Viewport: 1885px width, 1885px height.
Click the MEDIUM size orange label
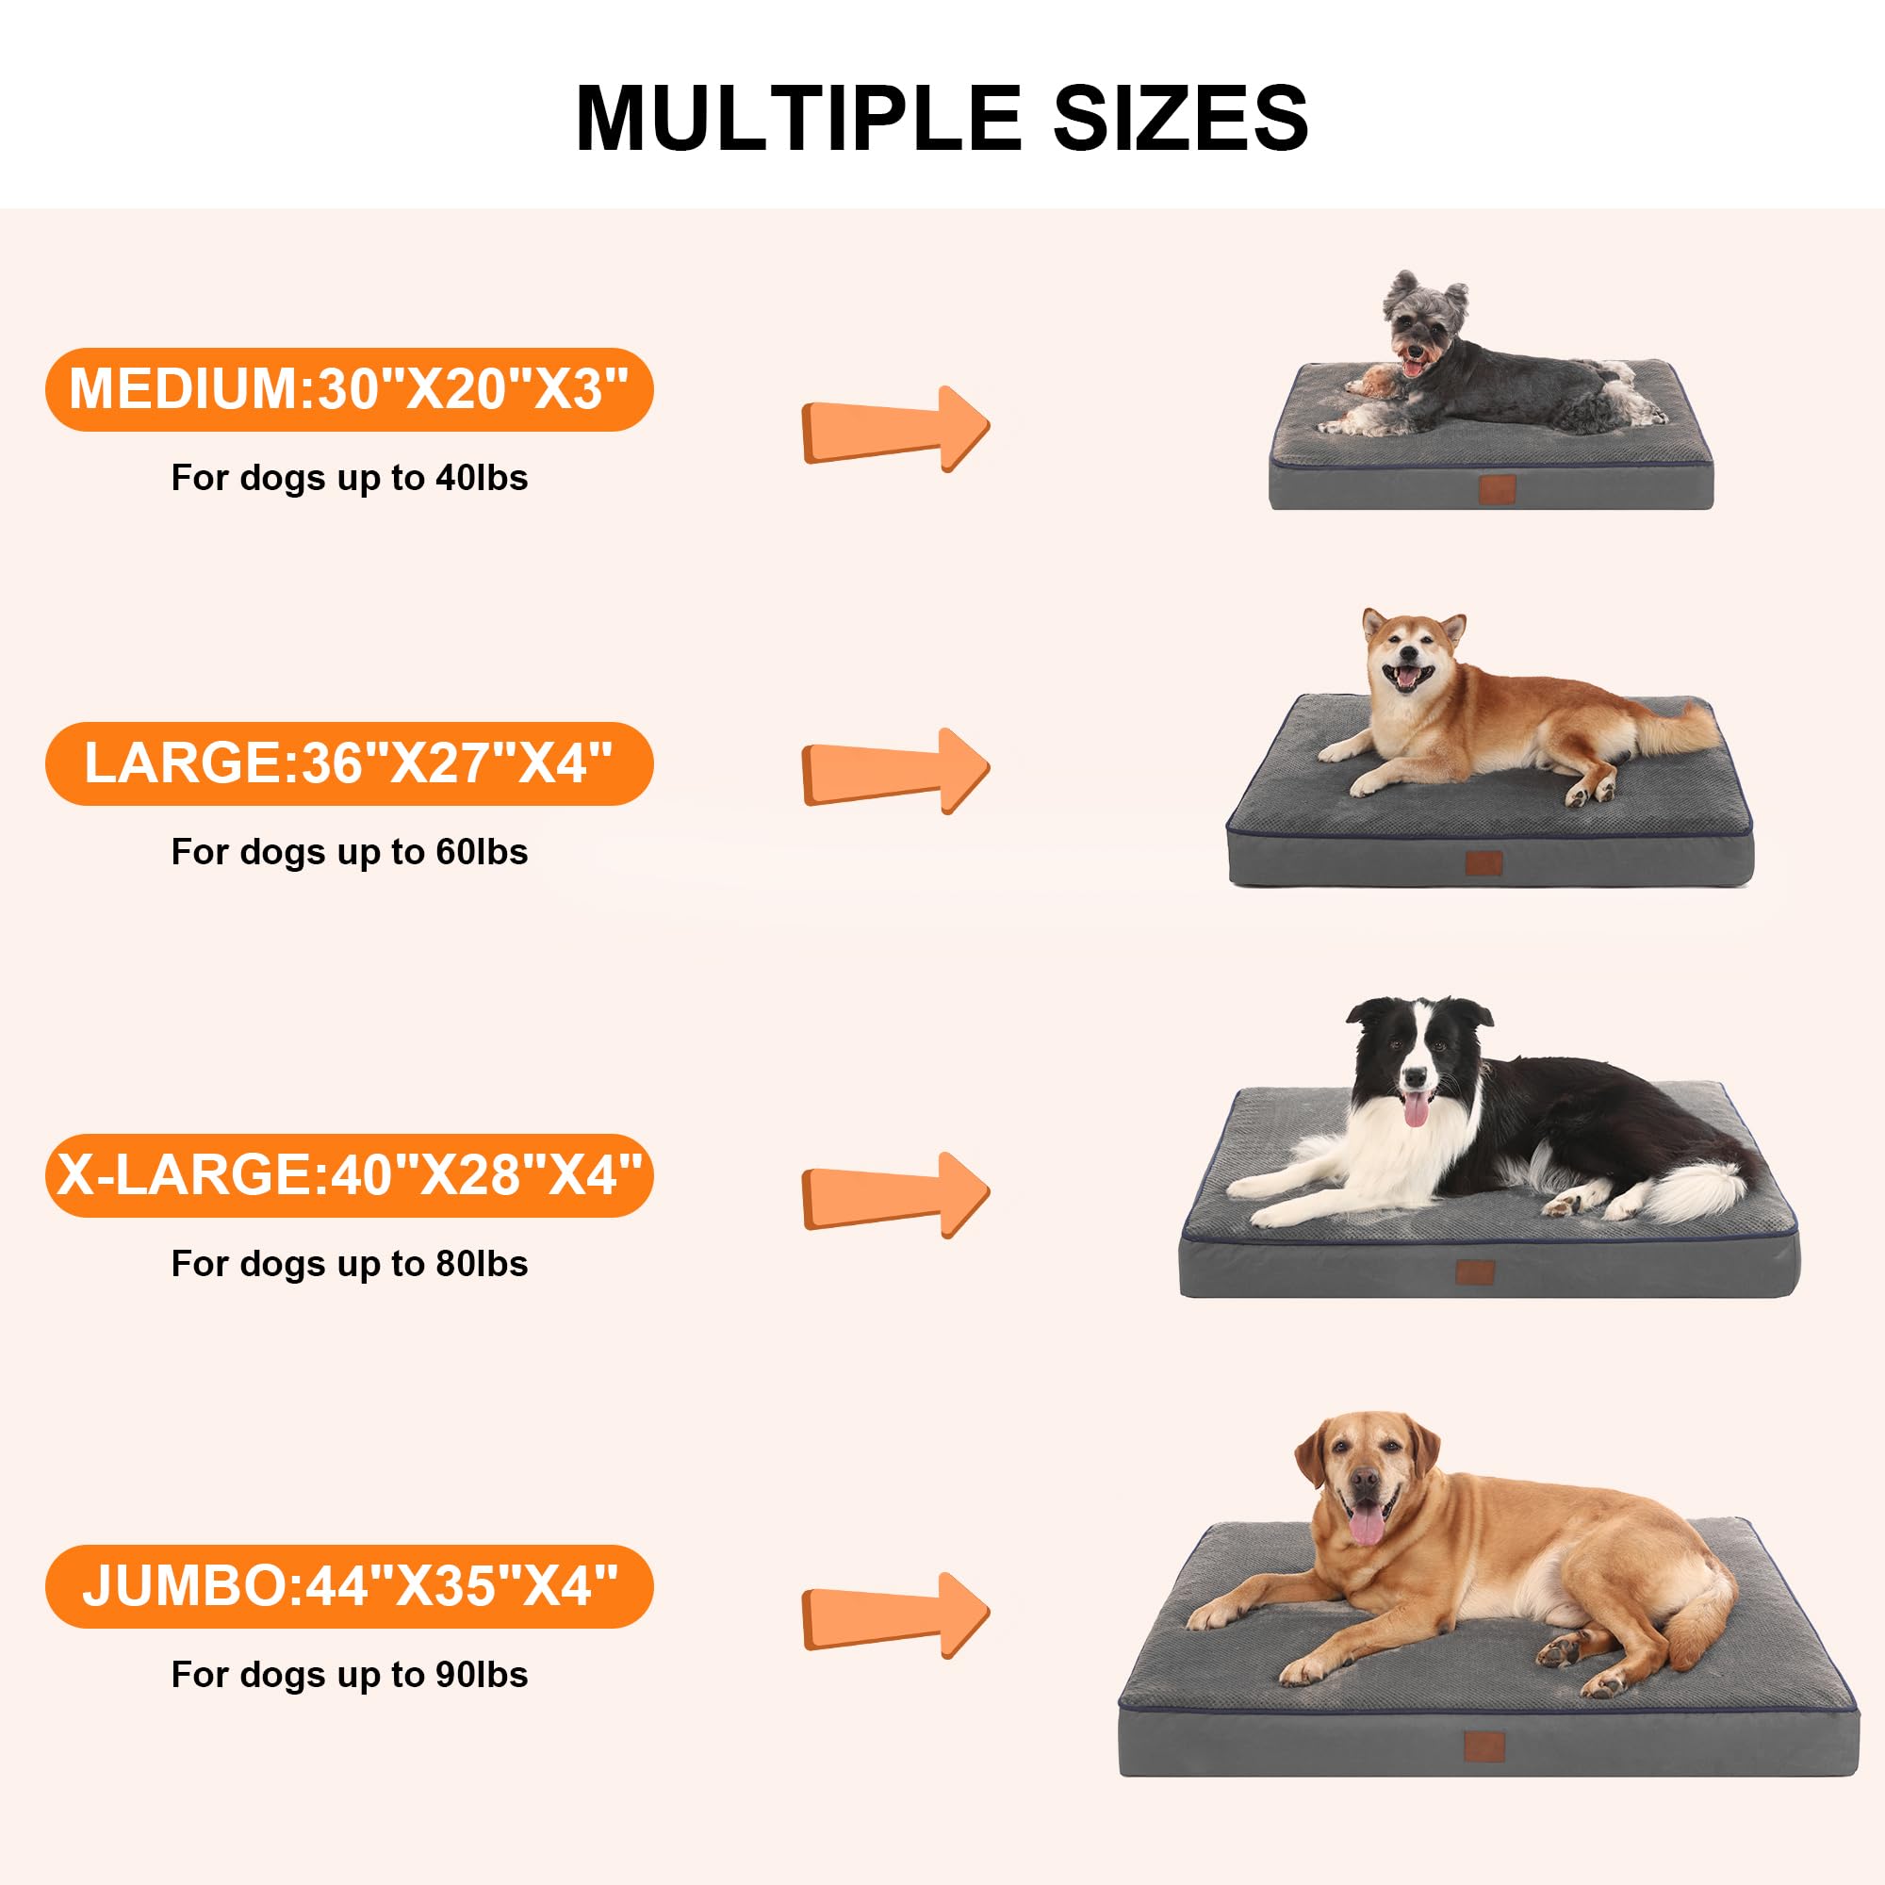349,389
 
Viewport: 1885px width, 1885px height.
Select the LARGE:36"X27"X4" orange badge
349,763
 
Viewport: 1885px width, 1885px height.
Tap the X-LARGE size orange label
349,1174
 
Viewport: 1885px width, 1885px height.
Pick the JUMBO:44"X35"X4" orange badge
349,1585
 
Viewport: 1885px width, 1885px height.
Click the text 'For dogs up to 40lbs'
350,478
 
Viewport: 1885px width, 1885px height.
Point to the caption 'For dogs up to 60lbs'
350,852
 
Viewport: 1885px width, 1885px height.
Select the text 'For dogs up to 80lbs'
350,1264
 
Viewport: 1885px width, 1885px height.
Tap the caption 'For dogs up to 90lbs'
350,1674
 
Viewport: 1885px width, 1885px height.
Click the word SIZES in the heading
1181,118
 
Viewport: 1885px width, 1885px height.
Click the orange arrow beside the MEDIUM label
894,429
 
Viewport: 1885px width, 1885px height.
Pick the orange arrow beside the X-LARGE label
894,1195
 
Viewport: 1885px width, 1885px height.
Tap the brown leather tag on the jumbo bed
1484,1746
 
